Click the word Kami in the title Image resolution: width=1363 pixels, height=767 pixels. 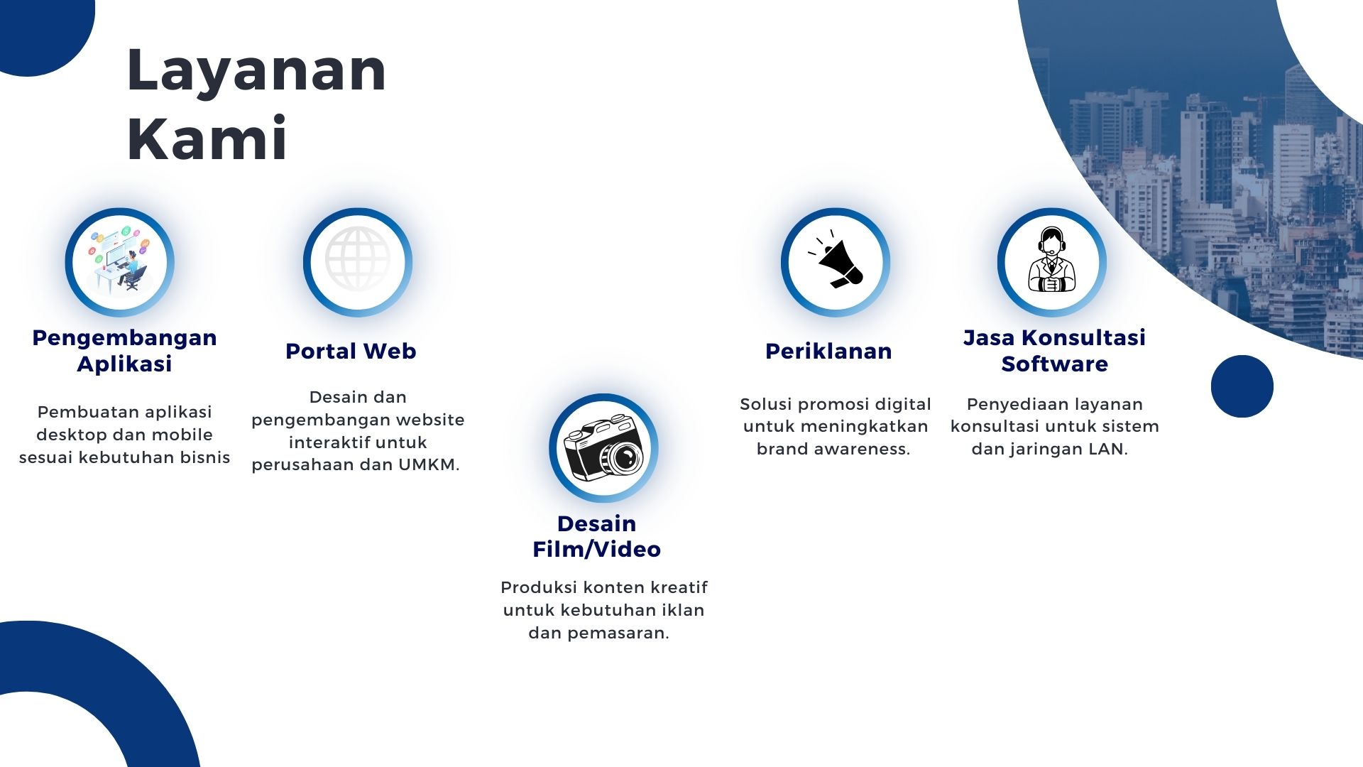[207, 138]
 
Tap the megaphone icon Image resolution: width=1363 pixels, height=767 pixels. [836, 259]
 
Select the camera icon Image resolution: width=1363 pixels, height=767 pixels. [603, 449]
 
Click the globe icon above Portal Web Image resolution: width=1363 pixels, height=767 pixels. [358, 259]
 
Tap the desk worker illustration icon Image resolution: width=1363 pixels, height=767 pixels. [119, 259]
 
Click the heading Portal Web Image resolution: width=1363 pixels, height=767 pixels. [351, 351]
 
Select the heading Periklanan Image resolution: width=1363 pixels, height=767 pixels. [828, 351]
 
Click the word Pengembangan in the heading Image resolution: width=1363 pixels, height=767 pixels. [125, 338]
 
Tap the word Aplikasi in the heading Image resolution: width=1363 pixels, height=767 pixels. [125, 364]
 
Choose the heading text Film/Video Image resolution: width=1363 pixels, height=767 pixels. [597, 549]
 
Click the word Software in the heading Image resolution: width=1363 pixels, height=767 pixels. [1055, 364]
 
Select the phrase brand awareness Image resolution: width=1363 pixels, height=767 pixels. [833, 449]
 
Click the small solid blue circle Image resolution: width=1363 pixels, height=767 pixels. [1242, 386]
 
